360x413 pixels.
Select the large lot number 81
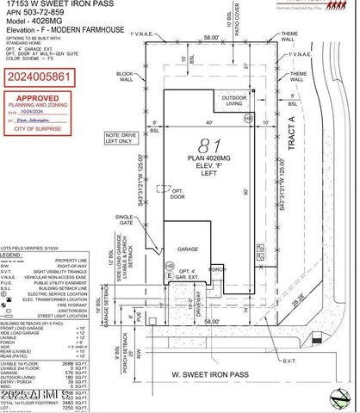(205, 145)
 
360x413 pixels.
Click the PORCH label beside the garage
(217, 268)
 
